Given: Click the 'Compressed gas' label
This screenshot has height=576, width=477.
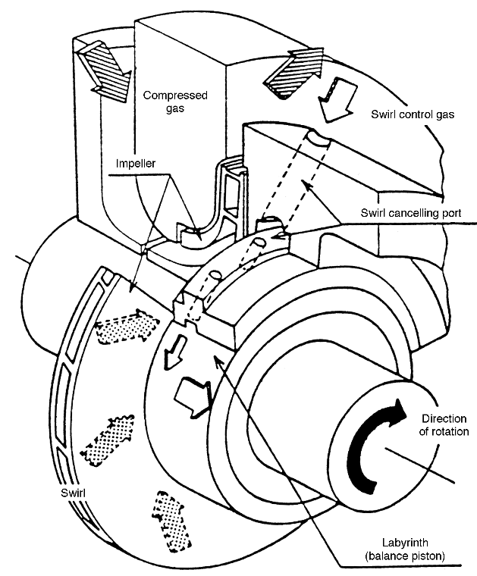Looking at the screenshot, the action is coord(175,102).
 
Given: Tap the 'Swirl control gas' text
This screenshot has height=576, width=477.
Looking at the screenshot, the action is coord(413,114).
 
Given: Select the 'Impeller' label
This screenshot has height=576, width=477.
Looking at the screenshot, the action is coord(136,164).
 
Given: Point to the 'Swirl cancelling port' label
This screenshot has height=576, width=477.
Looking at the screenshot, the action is coord(411,213).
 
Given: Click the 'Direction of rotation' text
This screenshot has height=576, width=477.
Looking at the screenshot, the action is coord(444,424).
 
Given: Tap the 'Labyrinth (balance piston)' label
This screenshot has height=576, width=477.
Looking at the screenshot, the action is coord(405,549).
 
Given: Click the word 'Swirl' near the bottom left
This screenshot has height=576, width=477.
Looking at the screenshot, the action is coord(73,493).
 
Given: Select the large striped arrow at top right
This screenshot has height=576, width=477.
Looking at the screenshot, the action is coord(295,72).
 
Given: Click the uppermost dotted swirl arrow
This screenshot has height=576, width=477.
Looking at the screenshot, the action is coord(127,326).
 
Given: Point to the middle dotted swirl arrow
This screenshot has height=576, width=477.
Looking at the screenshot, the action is coord(108,440).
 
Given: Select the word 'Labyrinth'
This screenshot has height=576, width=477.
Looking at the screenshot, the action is coord(405,543).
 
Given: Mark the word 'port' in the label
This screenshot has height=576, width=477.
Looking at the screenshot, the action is coord(451,214).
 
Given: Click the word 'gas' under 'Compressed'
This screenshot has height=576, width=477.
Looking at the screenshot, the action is coord(175,108).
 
